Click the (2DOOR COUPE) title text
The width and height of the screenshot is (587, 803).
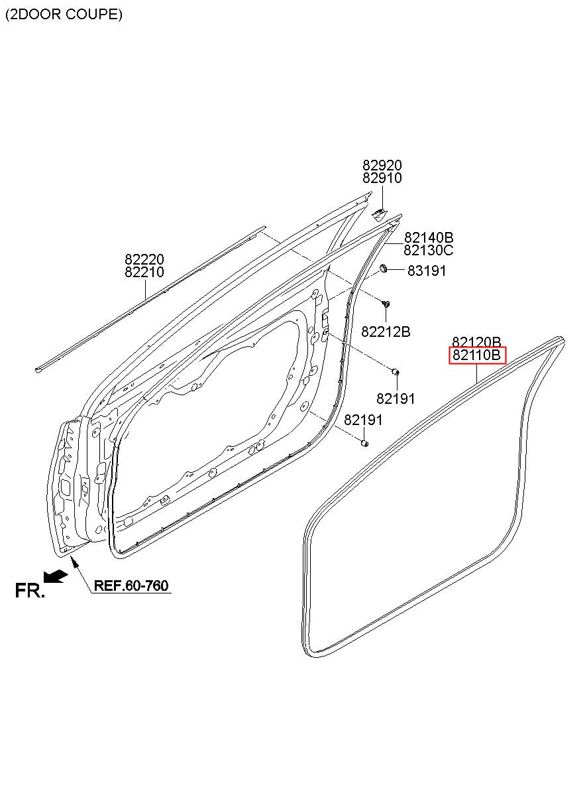pyautogui.click(x=64, y=15)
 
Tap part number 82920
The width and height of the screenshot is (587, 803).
pyautogui.click(x=382, y=165)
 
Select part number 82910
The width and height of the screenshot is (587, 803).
pyautogui.click(x=382, y=178)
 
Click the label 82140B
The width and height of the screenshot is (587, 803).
pyautogui.click(x=429, y=237)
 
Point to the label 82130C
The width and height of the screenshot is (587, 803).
pyautogui.click(x=429, y=250)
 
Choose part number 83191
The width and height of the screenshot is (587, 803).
pyautogui.click(x=427, y=271)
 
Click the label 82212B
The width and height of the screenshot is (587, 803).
pyautogui.click(x=386, y=332)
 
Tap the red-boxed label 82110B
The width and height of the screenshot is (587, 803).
pyautogui.click(x=477, y=355)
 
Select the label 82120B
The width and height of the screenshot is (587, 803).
pyautogui.click(x=477, y=342)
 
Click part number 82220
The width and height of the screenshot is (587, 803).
pyautogui.click(x=144, y=259)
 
